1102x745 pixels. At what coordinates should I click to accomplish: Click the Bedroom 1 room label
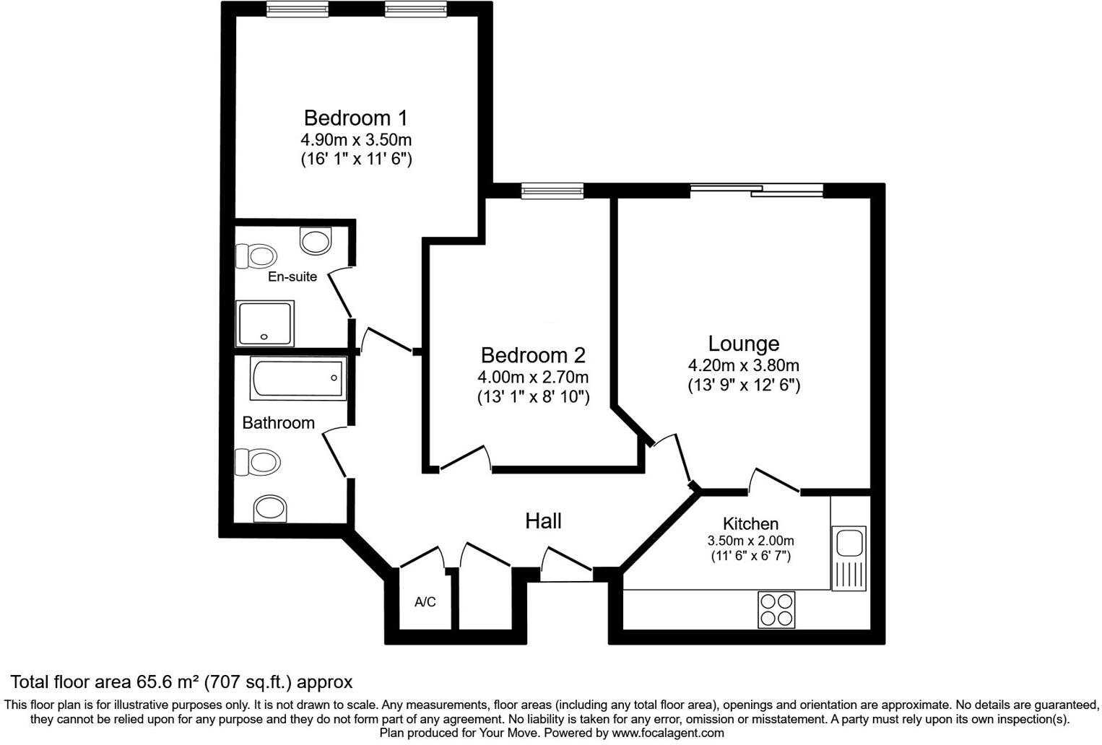pyautogui.click(x=355, y=118)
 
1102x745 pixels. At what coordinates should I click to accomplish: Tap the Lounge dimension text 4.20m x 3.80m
pyautogui.click(x=743, y=365)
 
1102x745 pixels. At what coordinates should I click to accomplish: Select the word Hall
pyautogui.click(x=543, y=520)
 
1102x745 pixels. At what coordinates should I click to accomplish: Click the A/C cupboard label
pyautogui.click(x=425, y=602)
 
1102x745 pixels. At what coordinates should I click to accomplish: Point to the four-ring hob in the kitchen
pyautogui.click(x=776, y=609)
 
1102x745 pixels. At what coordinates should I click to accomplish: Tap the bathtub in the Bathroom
pyautogui.click(x=298, y=378)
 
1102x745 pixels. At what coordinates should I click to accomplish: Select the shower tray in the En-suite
pyautogui.click(x=265, y=323)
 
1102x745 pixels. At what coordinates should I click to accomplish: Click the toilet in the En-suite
pyautogui.click(x=256, y=256)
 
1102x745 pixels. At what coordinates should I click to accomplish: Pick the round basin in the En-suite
pyautogui.click(x=316, y=240)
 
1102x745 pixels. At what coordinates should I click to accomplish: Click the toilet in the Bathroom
pyautogui.click(x=257, y=461)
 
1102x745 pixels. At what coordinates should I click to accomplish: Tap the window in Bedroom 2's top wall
pyautogui.click(x=552, y=191)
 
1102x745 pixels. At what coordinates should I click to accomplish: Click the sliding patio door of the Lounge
pyautogui.click(x=756, y=191)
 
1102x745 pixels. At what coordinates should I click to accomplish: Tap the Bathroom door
pyautogui.click(x=334, y=452)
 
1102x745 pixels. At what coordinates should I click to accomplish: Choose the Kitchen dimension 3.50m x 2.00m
pyautogui.click(x=750, y=541)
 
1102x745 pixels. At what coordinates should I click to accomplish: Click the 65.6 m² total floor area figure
pyautogui.click(x=169, y=681)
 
